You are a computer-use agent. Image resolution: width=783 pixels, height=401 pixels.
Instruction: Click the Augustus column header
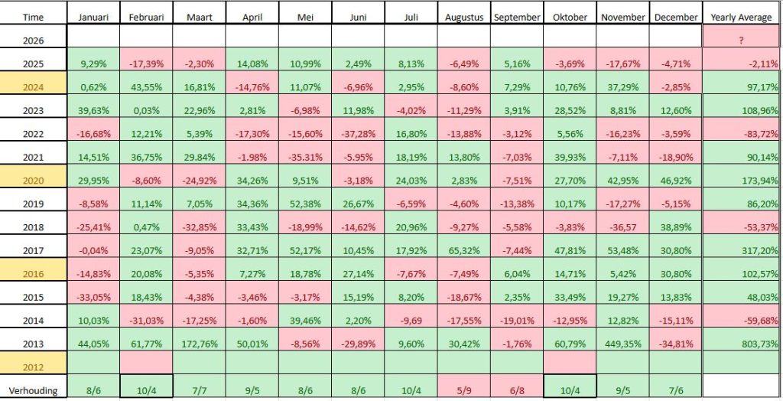(x=465, y=17)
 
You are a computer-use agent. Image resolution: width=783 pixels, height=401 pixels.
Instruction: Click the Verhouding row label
(x=34, y=389)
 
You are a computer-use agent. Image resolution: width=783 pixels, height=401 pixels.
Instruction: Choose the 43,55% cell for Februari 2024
(x=145, y=86)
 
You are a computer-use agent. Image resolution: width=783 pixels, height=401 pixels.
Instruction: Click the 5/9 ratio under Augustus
(x=465, y=389)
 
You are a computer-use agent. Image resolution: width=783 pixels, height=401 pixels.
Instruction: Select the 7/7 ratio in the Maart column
(x=199, y=389)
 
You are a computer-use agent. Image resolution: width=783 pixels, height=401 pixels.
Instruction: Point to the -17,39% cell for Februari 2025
(x=145, y=63)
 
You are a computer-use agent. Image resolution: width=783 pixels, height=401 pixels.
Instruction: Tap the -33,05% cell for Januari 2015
(x=92, y=296)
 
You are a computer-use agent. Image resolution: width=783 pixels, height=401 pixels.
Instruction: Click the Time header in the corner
(x=34, y=17)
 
